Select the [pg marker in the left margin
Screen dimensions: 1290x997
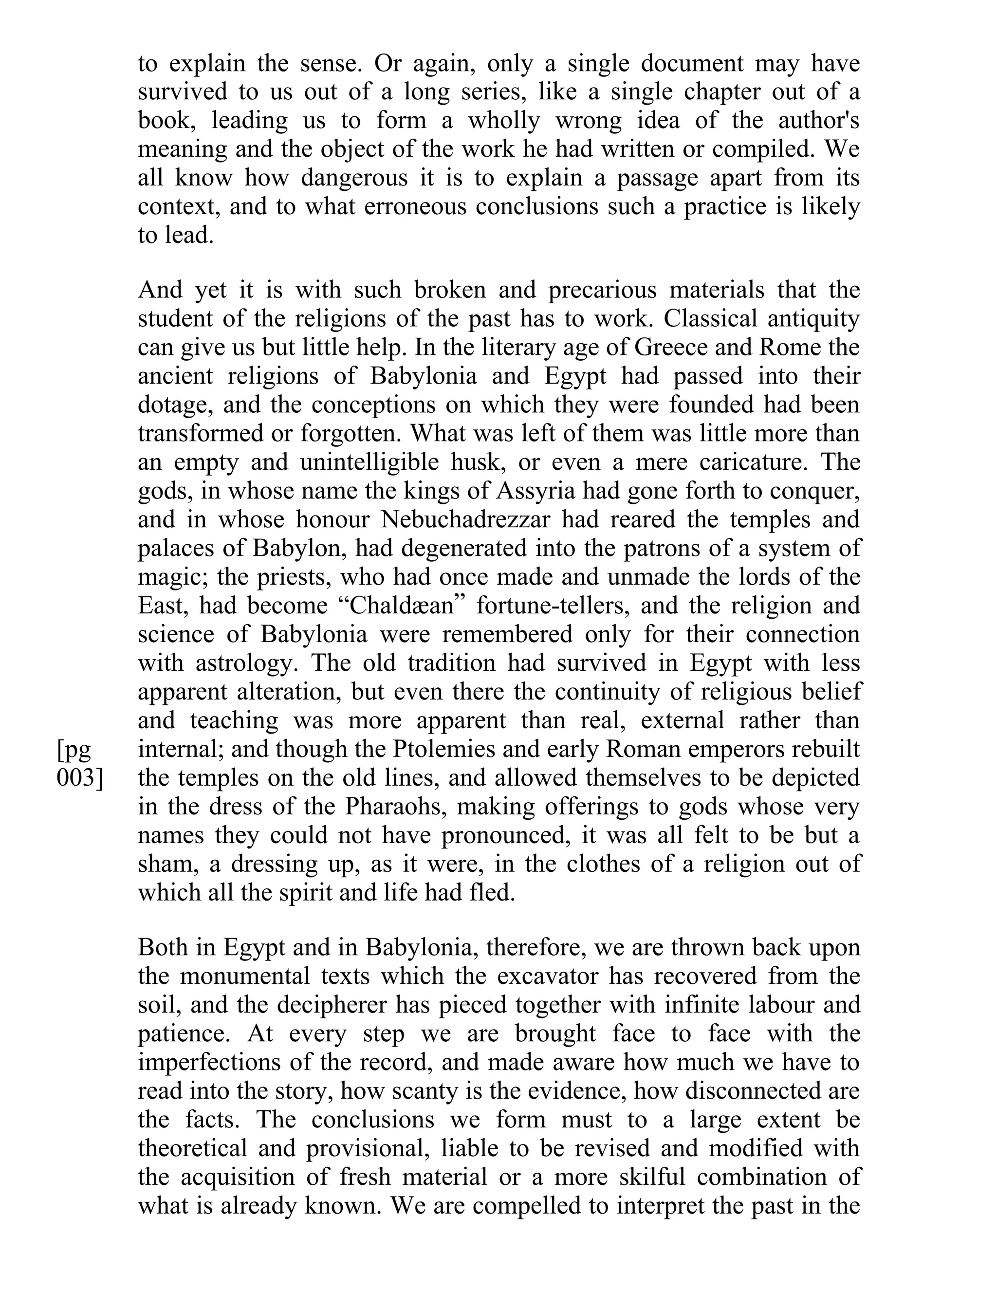(74, 749)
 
